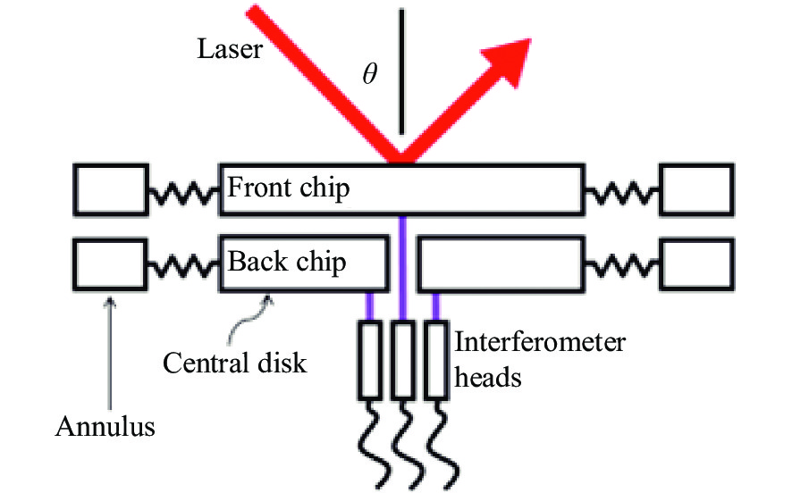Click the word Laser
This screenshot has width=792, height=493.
230,49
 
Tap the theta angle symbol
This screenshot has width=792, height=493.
370,73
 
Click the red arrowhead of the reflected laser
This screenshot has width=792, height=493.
510,61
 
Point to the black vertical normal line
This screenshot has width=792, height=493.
401,71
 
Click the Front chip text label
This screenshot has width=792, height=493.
289,188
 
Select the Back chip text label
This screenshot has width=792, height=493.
287,262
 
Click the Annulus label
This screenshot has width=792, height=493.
105,426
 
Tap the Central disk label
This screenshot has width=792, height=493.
235,363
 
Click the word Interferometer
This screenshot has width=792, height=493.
540,342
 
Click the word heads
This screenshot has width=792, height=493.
487,377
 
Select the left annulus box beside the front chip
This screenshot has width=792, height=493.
111,190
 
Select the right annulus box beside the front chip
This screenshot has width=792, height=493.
697,190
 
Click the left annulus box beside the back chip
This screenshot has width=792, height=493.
111,264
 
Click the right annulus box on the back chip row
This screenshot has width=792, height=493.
697,264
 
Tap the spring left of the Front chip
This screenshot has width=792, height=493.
184,193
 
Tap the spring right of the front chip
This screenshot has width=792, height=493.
622,193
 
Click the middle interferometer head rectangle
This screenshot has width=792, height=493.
403,360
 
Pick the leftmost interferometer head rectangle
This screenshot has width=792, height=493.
370,360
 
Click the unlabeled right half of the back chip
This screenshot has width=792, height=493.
501,263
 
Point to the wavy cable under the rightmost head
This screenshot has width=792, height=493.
442,444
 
